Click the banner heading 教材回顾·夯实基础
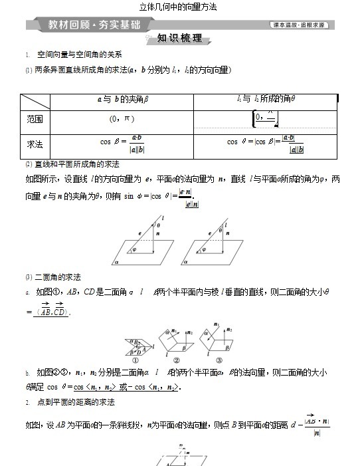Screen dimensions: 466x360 pyautogui.click(x=94, y=25)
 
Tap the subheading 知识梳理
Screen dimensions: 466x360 pyautogui.click(x=179, y=39)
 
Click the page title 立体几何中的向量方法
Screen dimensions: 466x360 pyautogui.click(x=179, y=7)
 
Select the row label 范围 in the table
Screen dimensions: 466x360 pyautogui.click(x=35, y=119)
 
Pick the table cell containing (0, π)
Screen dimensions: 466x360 pyautogui.click(x=122, y=119)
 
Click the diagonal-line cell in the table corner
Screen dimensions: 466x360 pyautogui.click(x=35, y=100)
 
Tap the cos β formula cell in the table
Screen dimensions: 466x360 pyautogui.click(x=122, y=143)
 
